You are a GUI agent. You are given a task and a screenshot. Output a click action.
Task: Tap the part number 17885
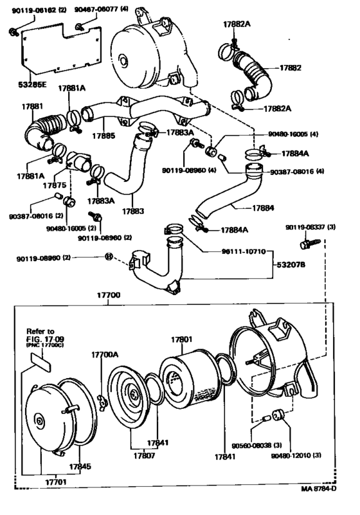coord(103,136)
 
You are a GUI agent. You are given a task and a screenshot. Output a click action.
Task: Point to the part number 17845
coord(79,466)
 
